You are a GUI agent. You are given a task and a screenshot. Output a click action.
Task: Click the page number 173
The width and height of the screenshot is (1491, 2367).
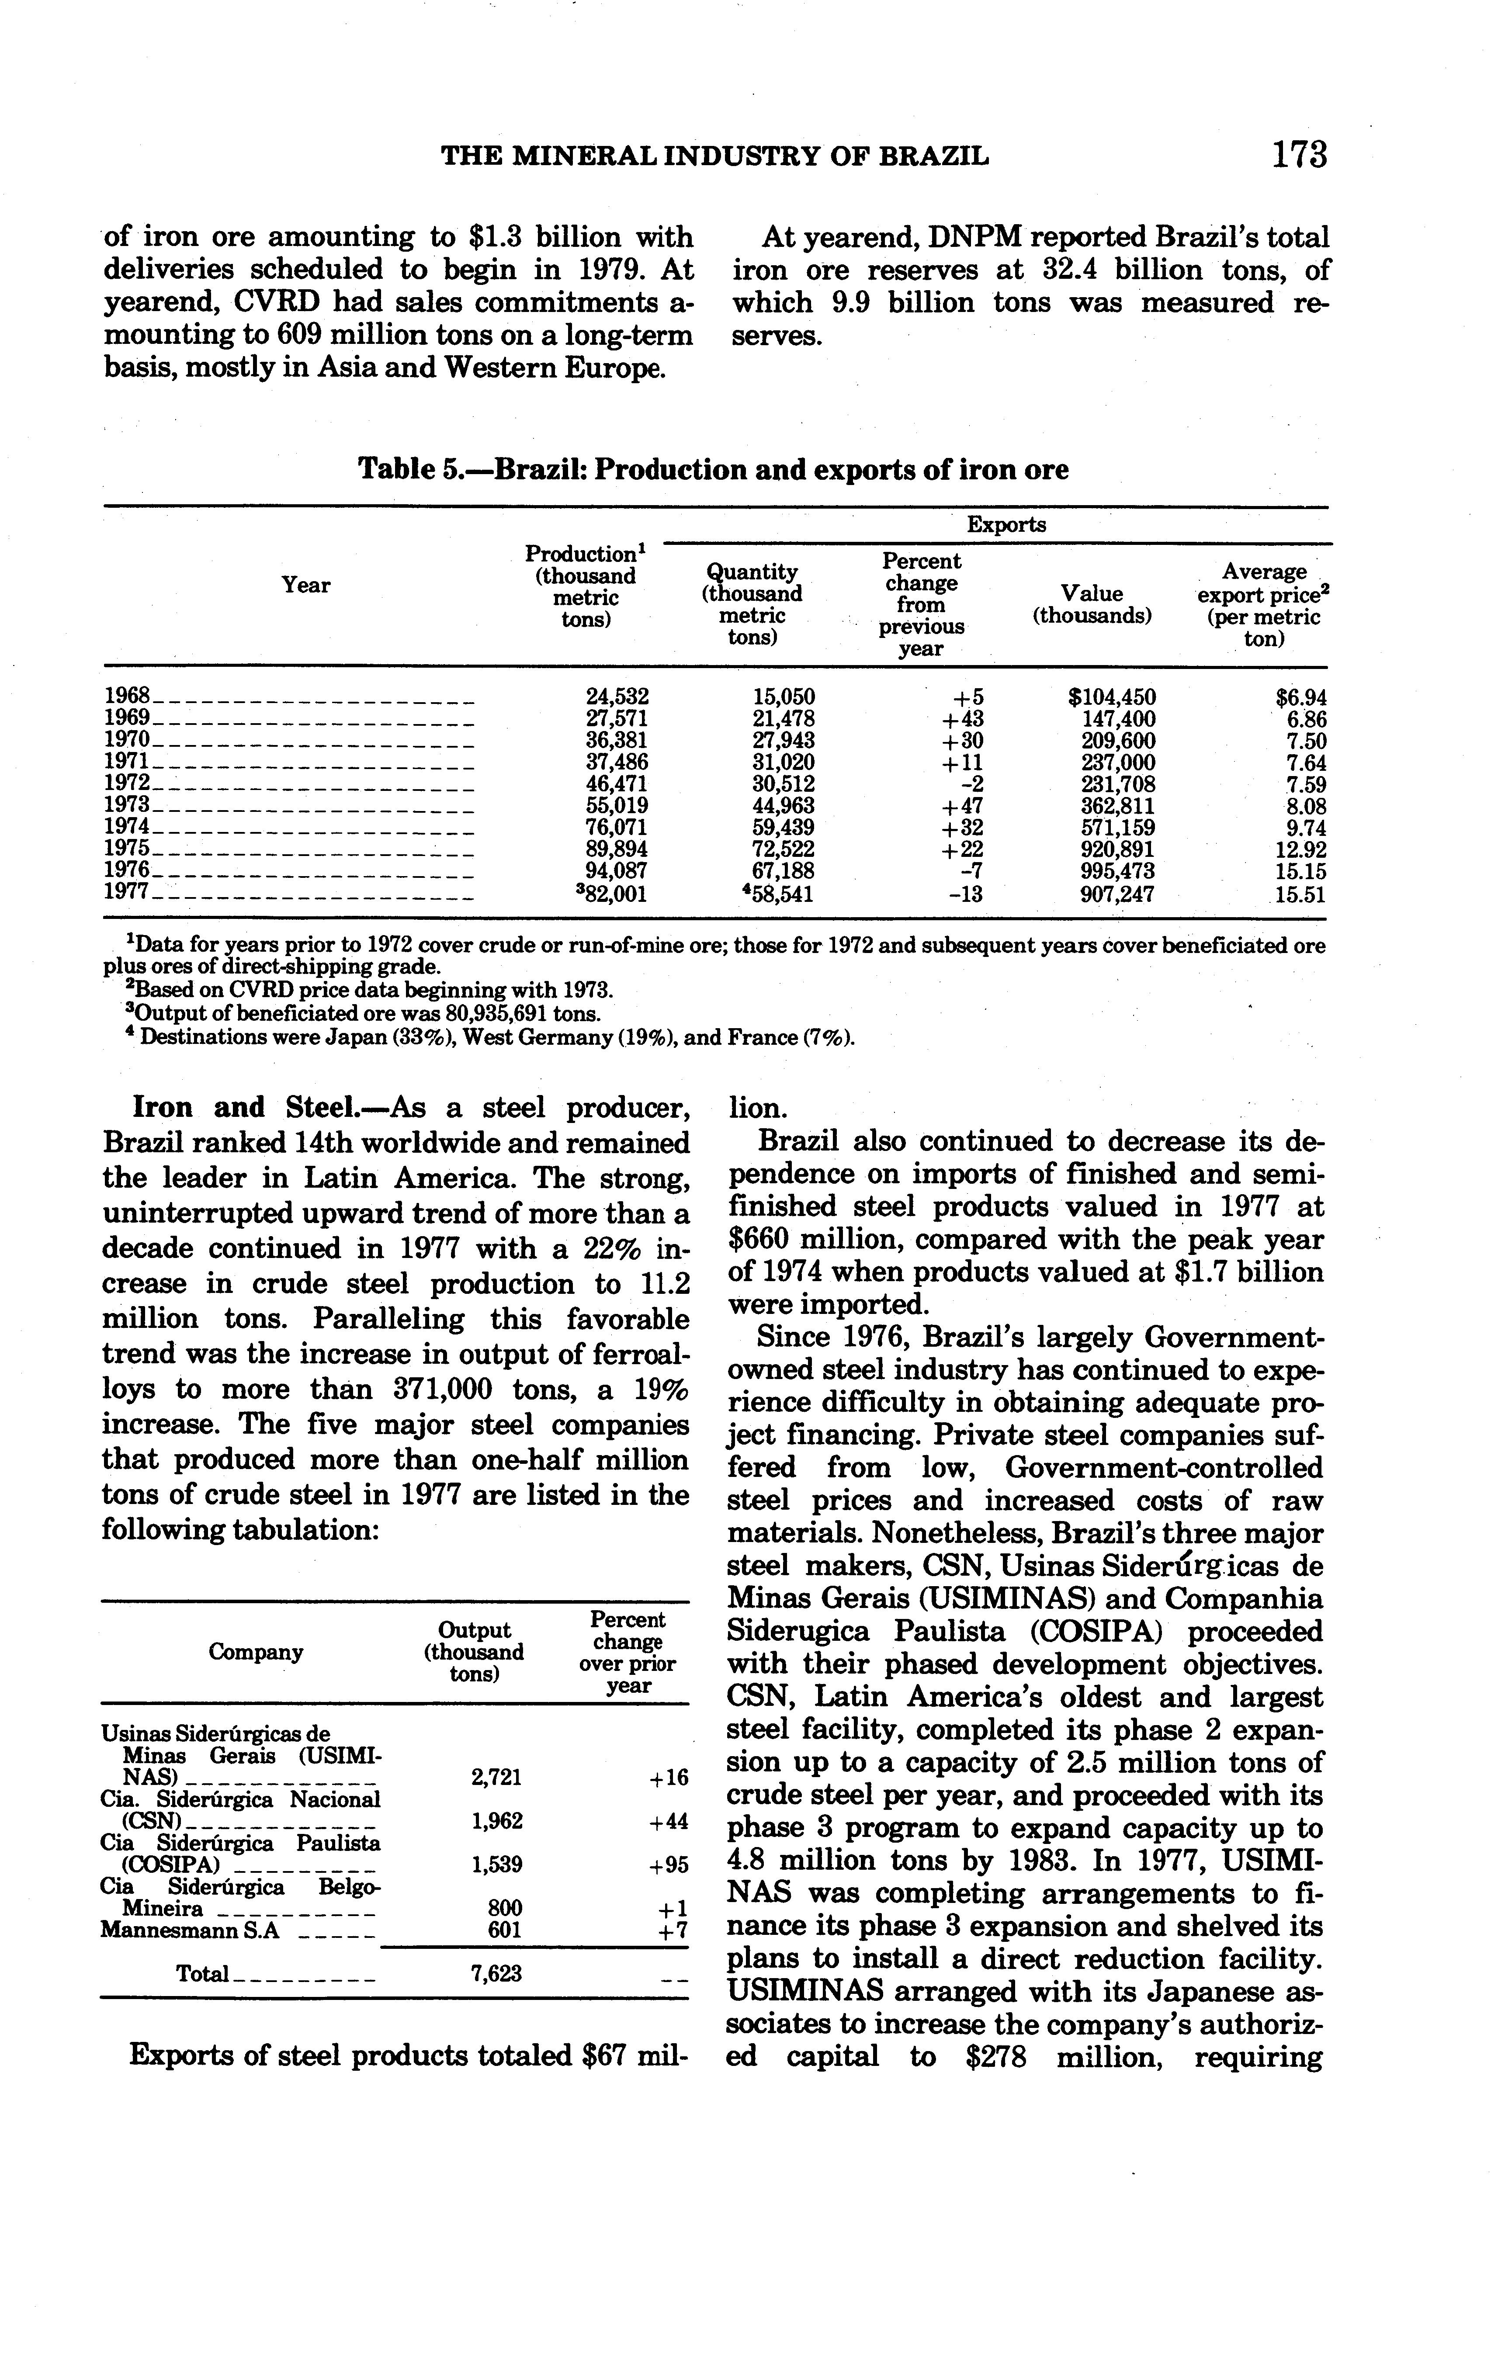click(1299, 155)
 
